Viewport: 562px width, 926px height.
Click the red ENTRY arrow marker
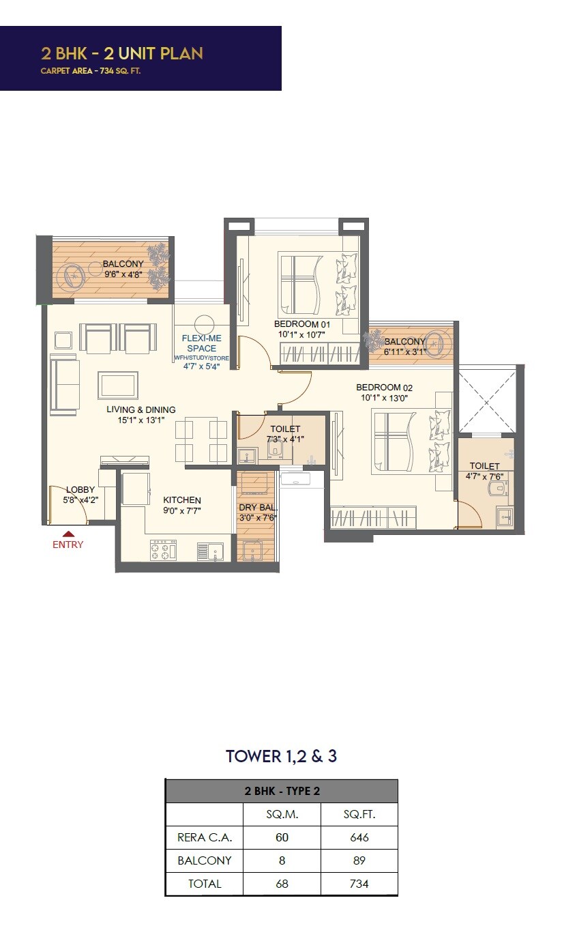tap(68, 534)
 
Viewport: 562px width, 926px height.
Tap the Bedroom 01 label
tap(301, 324)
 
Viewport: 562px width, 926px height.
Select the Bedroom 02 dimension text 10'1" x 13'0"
tap(384, 399)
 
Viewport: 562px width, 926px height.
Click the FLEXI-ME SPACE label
tap(201, 343)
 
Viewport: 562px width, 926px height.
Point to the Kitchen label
tap(181, 500)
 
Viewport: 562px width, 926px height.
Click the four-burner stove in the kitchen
tap(163, 550)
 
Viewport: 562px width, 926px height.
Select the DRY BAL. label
tap(256, 508)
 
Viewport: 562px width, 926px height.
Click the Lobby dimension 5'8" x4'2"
tap(80, 500)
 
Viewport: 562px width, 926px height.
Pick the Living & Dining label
tap(140, 410)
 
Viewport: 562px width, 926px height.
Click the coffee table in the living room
tap(118, 385)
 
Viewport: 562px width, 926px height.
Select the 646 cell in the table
tap(359, 837)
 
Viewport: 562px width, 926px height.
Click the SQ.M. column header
tap(282, 815)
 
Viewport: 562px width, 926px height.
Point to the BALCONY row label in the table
tap(204, 860)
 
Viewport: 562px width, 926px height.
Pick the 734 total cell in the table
tap(359, 884)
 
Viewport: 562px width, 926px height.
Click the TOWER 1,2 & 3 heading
tap(281, 756)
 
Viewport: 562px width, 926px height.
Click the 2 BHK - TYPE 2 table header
tap(282, 792)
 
